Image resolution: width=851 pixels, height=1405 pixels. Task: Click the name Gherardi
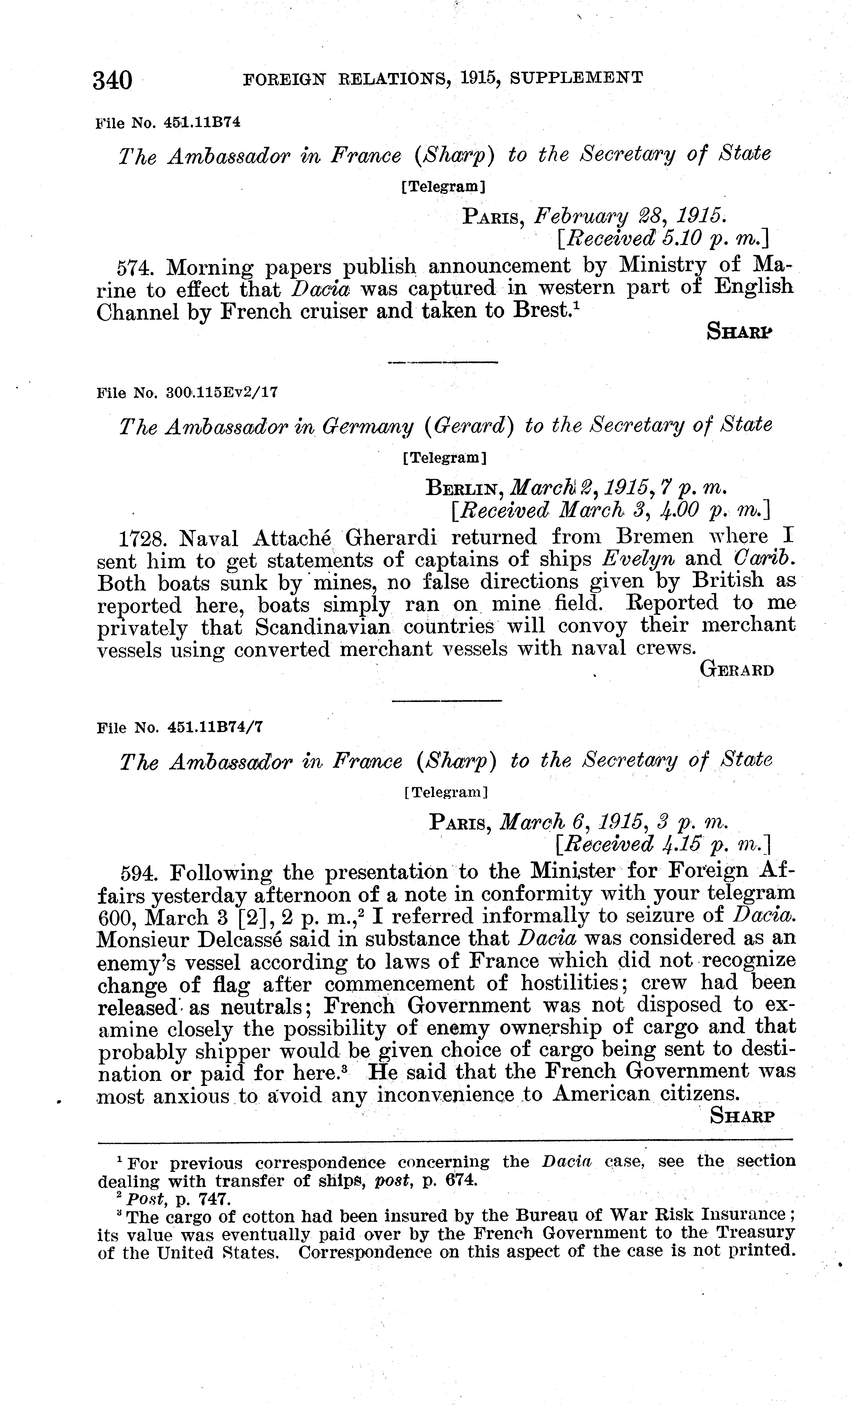pyautogui.click(x=392, y=538)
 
